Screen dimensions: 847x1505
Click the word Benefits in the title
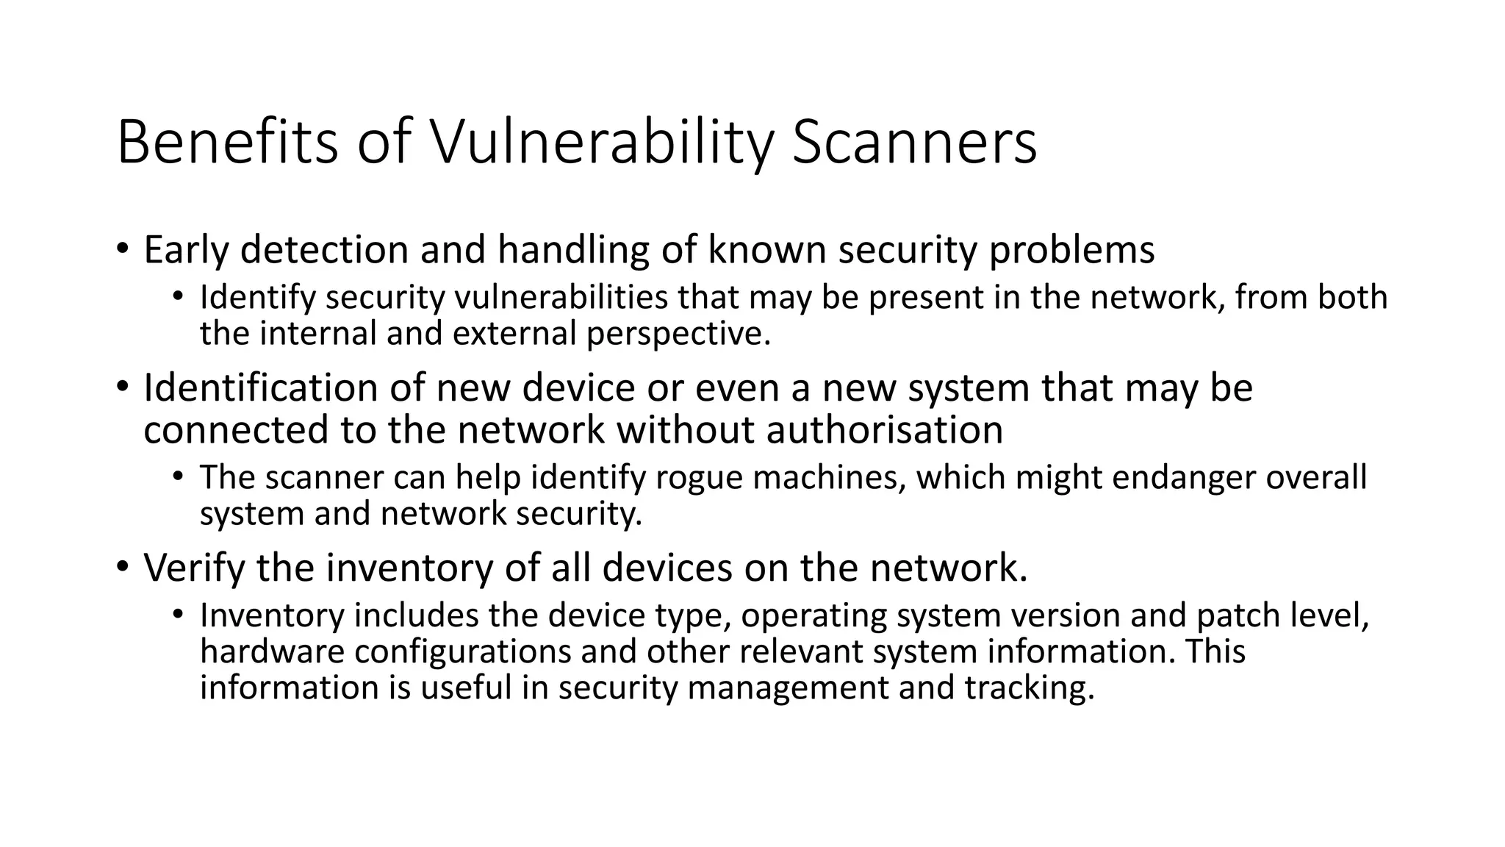coord(227,142)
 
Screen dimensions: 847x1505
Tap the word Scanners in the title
coord(914,142)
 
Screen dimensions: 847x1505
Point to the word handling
coord(573,250)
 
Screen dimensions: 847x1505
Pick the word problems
coord(1071,250)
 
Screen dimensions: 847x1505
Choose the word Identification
coord(260,387)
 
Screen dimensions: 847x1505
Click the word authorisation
coord(885,430)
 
